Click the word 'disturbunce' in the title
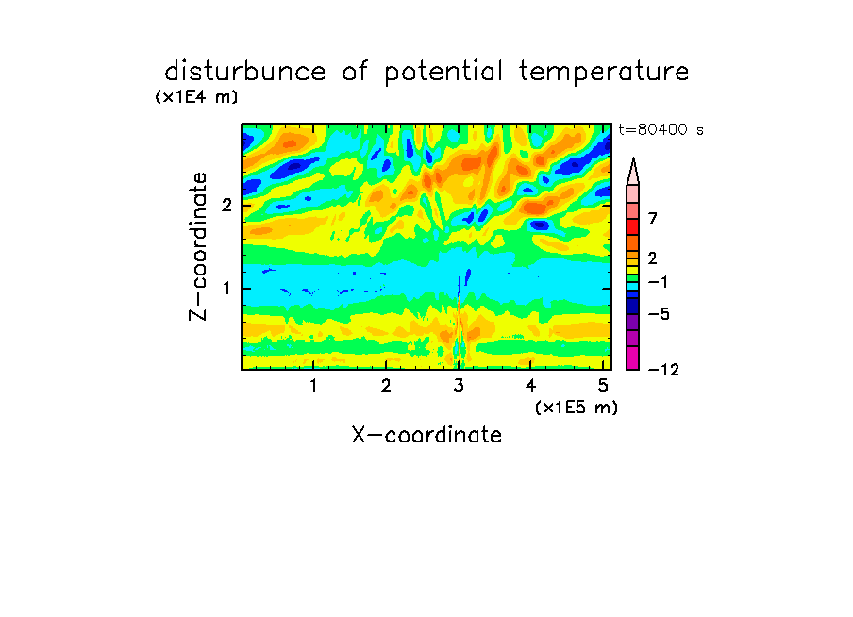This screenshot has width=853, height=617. coord(244,72)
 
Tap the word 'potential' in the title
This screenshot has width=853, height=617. coord(443,73)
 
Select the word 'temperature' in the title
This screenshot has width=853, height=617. coord(604,73)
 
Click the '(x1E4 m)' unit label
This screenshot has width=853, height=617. coord(196,97)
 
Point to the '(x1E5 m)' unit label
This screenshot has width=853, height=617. coord(577,407)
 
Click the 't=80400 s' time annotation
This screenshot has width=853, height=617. coord(661,129)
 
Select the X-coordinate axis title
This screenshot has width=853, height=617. coord(426,435)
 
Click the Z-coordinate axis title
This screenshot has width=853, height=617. coord(198,246)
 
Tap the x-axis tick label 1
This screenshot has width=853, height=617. coord(314,385)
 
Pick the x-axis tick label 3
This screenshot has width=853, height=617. coord(459,385)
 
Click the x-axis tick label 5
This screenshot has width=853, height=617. coord(603,385)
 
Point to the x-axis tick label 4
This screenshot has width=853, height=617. coord(530,385)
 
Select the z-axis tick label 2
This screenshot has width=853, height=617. coord(226,205)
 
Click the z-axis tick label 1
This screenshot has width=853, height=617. coord(226,288)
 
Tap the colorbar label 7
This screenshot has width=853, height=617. coord(653,218)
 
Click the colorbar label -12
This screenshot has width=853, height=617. coord(663,370)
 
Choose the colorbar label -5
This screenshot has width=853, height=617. coord(659,314)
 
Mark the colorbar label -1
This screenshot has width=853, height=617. coord(658,282)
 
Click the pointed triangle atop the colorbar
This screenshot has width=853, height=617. coord(633,171)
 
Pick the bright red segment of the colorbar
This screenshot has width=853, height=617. coord(633,226)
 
